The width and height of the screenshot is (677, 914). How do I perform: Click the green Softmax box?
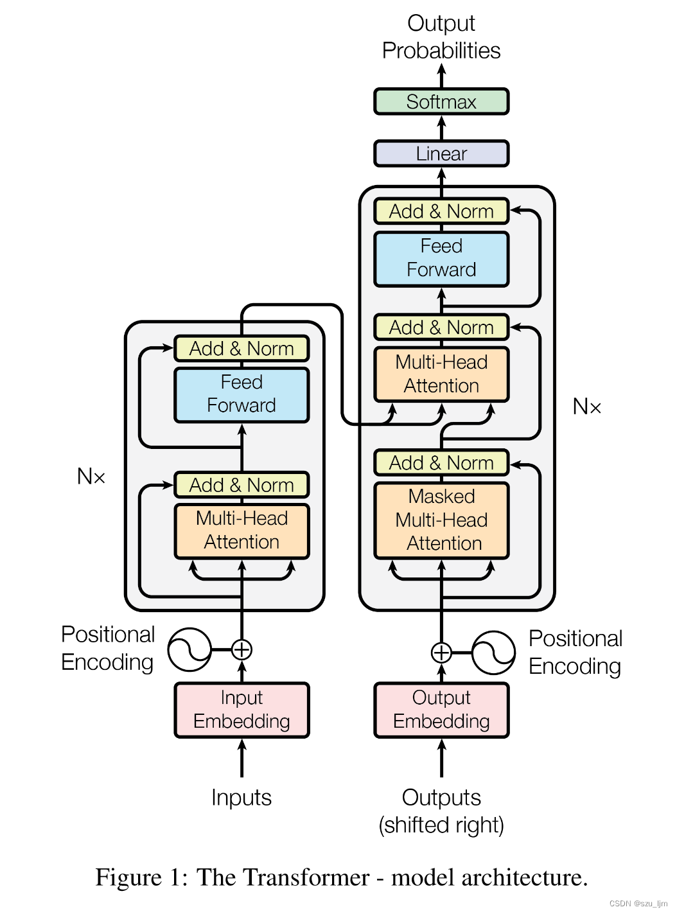pos(441,101)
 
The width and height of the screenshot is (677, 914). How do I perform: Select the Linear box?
pos(441,154)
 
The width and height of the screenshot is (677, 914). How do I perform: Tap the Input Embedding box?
pos(242,710)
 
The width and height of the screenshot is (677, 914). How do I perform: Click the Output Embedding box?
pos(441,710)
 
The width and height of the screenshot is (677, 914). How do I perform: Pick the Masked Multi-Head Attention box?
pos(441,520)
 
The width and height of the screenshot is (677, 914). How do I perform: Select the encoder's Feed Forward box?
pos(242,394)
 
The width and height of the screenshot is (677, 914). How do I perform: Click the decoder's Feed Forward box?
pos(441,258)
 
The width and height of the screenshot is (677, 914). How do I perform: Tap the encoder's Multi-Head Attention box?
pos(242,531)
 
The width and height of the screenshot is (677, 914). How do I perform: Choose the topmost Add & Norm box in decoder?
pos(441,211)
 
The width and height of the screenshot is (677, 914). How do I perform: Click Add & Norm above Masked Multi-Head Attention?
pos(441,462)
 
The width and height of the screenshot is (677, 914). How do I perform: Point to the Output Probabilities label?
pos(441,37)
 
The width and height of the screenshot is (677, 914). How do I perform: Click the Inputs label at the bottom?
pos(242,798)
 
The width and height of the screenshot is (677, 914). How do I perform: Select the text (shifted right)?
pos(441,825)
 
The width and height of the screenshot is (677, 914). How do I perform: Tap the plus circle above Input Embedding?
pos(242,650)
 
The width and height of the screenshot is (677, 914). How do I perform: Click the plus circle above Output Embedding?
pos(441,653)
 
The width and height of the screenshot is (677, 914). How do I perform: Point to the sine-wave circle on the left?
pos(189,650)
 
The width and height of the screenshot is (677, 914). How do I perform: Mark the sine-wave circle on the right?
pos(493,653)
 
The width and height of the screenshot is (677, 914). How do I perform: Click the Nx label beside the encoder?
pos(91,477)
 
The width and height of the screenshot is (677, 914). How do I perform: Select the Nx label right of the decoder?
pos(586,407)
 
